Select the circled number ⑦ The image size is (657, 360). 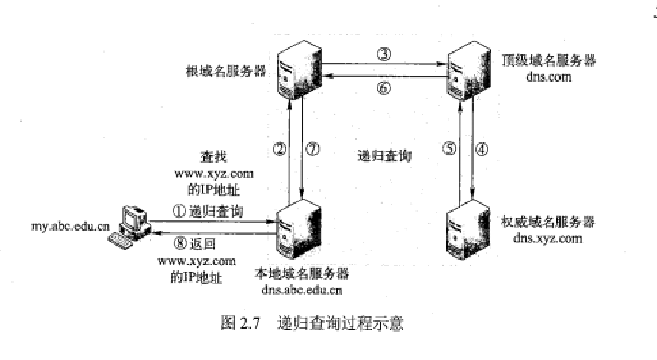coord(314,149)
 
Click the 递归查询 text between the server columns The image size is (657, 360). coord(385,156)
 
